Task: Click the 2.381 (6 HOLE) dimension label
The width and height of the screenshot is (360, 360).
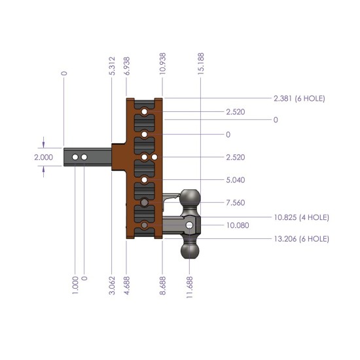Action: tap(299, 99)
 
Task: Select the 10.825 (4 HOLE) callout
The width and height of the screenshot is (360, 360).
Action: tap(301, 217)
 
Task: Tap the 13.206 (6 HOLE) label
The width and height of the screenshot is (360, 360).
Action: tap(301, 239)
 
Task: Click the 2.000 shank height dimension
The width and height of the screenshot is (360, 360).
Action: tap(43, 158)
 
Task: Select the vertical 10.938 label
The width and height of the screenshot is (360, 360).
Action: tap(162, 65)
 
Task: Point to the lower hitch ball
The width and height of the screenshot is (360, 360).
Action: tap(190, 252)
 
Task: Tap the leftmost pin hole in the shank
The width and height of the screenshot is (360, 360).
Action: tap(75, 158)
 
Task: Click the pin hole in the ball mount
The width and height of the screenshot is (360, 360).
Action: tap(189, 225)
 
